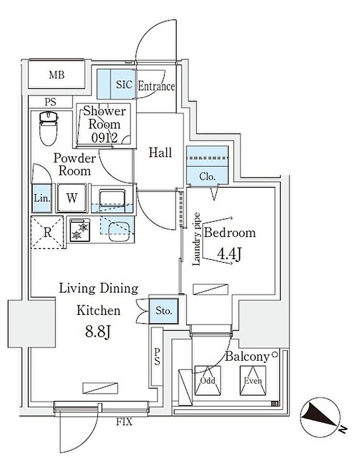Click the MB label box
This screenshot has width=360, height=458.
tap(57, 76)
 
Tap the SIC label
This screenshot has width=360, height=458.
tap(124, 85)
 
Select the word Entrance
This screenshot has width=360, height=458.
tap(156, 86)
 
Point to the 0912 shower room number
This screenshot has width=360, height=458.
tap(105, 137)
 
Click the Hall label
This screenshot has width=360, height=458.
tap(160, 152)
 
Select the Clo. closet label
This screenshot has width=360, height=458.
tap(207, 177)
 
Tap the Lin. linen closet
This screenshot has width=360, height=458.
tap(41, 198)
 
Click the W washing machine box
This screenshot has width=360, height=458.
tap(71, 198)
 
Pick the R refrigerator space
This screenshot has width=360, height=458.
tap(47, 232)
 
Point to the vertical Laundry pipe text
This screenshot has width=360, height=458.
tap(196, 239)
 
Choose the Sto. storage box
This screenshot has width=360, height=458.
tap(164, 311)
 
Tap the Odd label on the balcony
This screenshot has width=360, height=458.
tap(207, 381)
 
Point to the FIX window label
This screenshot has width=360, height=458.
tap(124, 422)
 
